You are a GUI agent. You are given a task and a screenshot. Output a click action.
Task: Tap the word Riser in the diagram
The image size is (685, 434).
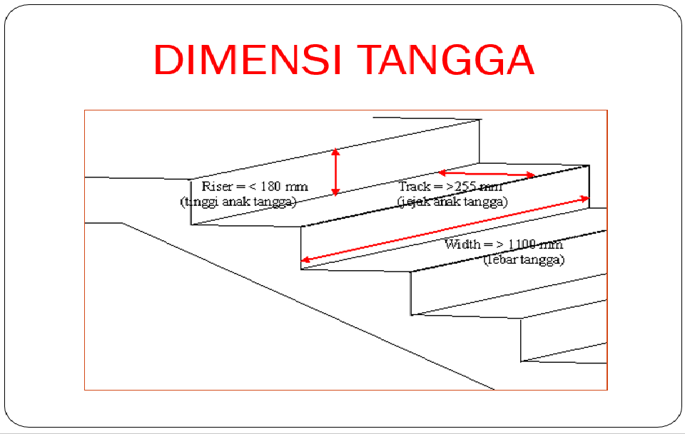pyautogui.click(x=217, y=187)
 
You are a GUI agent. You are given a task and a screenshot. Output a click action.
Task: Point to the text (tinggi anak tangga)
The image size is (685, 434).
pyautogui.click(x=238, y=201)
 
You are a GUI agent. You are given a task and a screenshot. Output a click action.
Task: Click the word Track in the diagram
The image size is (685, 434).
pyautogui.click(x=414, y=187)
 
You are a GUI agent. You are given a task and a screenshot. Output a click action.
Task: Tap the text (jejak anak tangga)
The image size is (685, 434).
pyautogui.click(x=452, y=201)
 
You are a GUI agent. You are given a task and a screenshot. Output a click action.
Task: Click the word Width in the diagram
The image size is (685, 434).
pyautogui.click(x=462, y=244)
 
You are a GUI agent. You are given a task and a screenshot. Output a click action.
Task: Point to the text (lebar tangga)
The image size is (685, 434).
pyautogui.click(x=524, y=259)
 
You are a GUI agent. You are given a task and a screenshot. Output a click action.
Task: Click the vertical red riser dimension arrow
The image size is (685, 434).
pyautogui.click(x=335, y=172)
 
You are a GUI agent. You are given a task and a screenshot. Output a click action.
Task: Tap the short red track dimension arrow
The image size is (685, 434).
pyautogui.click(x=487, y=173)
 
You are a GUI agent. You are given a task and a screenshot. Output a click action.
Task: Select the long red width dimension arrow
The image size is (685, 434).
pyautogui.click(x=445, y=229)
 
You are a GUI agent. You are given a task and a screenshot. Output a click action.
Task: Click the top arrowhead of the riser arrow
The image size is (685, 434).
pyautogui.click(x=335, y=151)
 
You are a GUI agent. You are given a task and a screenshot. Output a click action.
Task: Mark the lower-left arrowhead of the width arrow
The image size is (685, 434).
pyautogui.click(x=305, y=260)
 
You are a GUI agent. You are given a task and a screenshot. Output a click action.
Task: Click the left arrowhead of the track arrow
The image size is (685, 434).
pyautogui.click(x=442, y=172)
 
